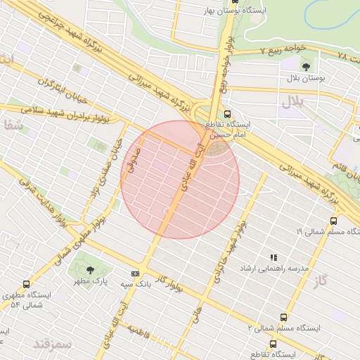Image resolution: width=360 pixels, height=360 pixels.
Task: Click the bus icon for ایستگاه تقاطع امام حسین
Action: coord(226,114)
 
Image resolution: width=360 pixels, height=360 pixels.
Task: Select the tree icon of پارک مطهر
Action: coord(89,269)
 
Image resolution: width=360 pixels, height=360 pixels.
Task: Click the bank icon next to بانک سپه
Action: coord(135,274)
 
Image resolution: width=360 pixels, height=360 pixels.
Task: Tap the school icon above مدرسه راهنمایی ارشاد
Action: coord(274,258)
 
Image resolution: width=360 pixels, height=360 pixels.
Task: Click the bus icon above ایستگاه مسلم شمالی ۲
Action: coord(283,317)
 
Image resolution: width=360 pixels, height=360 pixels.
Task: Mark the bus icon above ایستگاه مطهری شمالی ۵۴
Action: coord(26,284)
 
